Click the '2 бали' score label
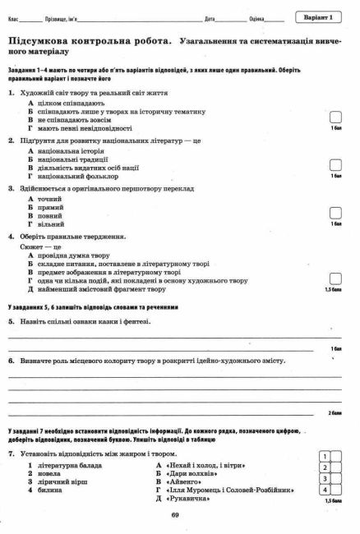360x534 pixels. pyautogui.click(x=334, y=412)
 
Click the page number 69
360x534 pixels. pyautogui.click(x=175, y=515)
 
